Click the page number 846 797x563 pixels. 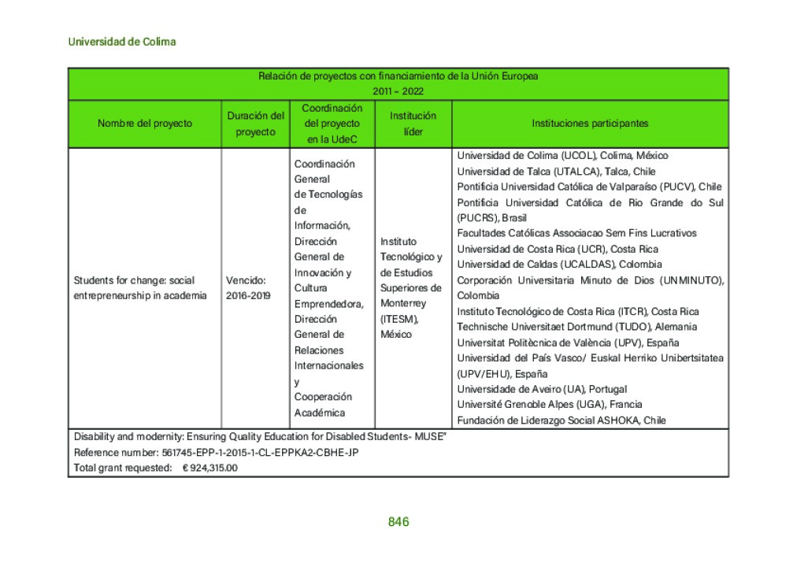[x=398, y=522]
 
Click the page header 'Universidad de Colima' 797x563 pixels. [x=122, y=42]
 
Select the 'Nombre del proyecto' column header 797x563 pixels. [x=145, y=124]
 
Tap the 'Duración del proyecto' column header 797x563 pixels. [x=255, y=124]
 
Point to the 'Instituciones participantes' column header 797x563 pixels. [x=590, y=124]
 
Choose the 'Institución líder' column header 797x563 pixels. [x=413, y=124]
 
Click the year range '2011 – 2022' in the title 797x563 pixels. [x=398, y=91]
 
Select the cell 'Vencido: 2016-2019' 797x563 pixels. [x=247, y=287]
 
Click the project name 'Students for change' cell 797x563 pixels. [x=140, y=287]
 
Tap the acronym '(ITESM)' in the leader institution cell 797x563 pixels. [x=399, y=319]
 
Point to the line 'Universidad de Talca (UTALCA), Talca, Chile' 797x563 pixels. [x=556, y=172]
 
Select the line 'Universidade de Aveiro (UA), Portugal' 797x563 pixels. [x=542, y=389]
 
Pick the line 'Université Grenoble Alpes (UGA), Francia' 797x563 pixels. [x=550, y=405]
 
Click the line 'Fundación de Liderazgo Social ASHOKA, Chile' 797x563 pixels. [x=562, y=420]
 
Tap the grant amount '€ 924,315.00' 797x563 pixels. [x=210, y=468]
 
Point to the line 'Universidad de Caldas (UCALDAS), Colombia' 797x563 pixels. [x=559, y=265]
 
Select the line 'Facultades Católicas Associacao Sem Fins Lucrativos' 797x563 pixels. [x=576, y=233]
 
